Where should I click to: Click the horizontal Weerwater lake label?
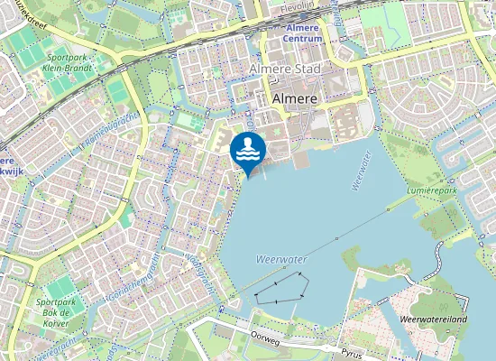point(282,259)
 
